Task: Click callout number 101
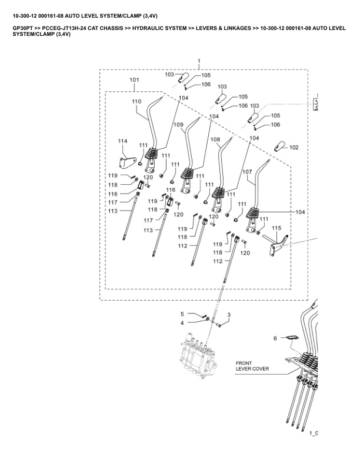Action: tap(134, 79)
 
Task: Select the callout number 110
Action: tap(136, 101)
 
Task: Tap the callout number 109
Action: tap(178, 125)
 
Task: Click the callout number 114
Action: tap(123, 141)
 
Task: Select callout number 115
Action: tap(276, 228)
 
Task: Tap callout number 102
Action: tap(294, 147)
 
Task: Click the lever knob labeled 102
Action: tap(279, 145)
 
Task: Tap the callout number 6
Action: tap(275, 338)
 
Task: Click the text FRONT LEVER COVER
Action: tap(252, 366)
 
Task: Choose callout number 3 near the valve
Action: tap(229, 315)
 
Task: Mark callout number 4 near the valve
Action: tap(182, 322)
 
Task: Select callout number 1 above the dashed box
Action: tap(199, 61)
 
